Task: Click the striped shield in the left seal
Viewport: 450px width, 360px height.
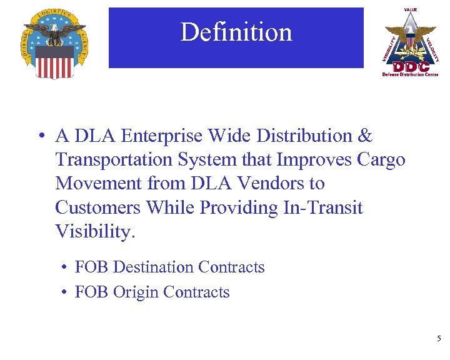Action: tap(54, 61)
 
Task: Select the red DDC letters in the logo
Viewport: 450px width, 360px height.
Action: tap(410, 65)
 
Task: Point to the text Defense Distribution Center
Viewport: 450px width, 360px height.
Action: tap(410, 74)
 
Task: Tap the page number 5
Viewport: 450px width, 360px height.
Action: tap(439, 339)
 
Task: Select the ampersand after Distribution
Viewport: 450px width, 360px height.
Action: tap(365, 136)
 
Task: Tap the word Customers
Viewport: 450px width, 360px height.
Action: tap(97, 207)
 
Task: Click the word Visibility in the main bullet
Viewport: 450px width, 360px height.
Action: tap(95, 231)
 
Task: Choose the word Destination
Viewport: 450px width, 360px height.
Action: tap(153, 267)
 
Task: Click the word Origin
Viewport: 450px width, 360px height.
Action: tap(136, 292)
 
